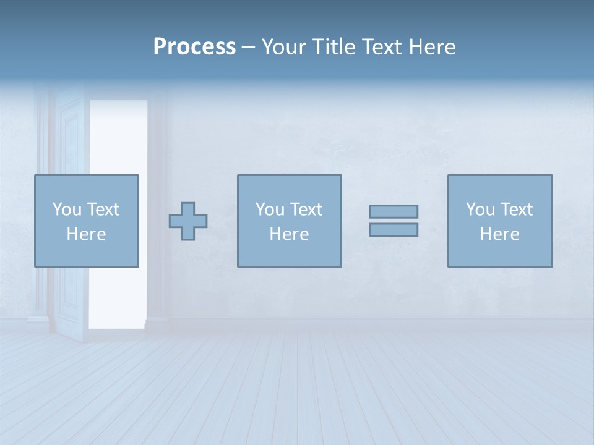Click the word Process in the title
(194, 47)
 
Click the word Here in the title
(432, 47)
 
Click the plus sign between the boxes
(188, 221)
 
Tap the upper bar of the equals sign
(394, 212)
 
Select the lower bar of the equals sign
(394, 229)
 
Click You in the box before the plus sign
(67, 210)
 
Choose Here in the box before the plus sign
(86, 234)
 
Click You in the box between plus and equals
(270, 210)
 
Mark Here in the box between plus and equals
(289, 234)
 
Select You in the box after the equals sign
(480, 210)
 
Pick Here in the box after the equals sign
(499, 234)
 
